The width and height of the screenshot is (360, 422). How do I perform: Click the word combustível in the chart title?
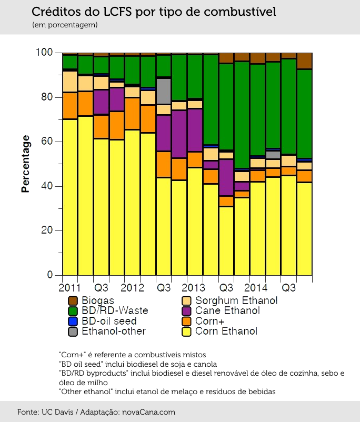pos(240,12)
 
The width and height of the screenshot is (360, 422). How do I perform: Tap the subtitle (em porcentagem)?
pos(65,25)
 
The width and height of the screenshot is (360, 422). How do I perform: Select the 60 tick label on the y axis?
pos(47,142)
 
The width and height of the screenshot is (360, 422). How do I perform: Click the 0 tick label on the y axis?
pos(50,275)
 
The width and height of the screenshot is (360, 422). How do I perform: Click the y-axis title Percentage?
pos(25,164)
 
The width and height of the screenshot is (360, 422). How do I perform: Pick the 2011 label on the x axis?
pos(69,288)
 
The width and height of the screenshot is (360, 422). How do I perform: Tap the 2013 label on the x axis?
pos(193,288)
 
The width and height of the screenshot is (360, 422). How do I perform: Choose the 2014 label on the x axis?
pos(256,288)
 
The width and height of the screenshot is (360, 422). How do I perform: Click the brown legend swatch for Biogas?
pos(73,300)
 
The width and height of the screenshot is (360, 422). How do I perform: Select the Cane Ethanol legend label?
pos(227,310)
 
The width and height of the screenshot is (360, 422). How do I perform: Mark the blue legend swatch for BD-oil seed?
pos(73,321)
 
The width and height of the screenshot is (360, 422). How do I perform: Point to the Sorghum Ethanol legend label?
pos(236,300)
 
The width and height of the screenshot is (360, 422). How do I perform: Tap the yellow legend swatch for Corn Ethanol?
pos(187,331)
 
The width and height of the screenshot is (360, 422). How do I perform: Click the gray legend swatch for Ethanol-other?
pos(73,331)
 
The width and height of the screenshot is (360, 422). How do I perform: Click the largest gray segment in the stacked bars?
pos(164,91)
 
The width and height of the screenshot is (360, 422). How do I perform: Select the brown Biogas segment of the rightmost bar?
pos(305,61)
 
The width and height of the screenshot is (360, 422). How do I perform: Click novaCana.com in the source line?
pos(148,412)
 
